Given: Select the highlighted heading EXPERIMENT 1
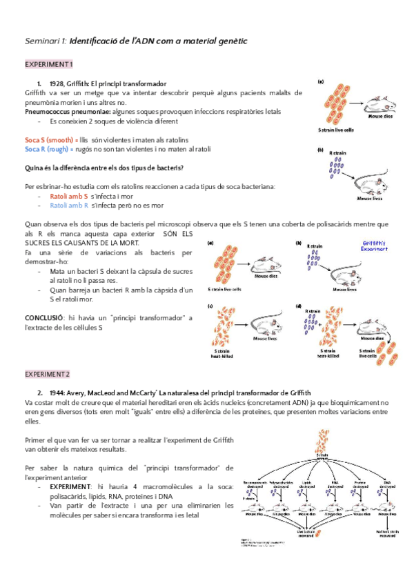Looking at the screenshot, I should point(49,64).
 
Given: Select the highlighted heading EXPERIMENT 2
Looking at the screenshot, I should point(49,374).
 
